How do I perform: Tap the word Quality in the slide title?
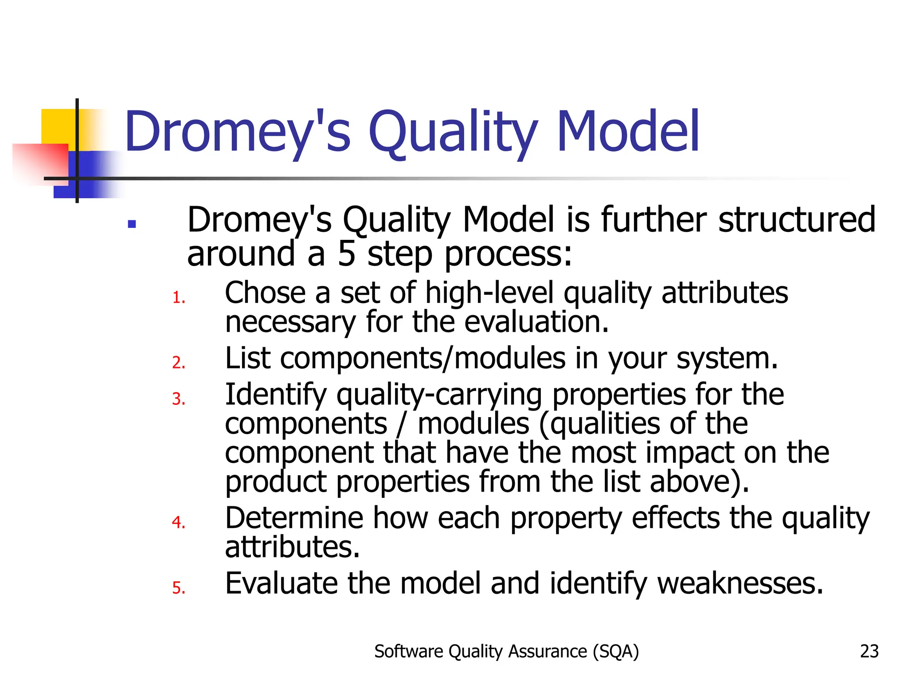tap(453, 132)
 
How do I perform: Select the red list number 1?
tap(178, 297)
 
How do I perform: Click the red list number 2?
tap(178, 363)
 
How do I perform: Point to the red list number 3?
tap(178, 399)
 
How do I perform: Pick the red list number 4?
tap(178, 522)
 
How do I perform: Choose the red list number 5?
tap(178, 588)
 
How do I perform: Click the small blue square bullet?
tap(132, 224)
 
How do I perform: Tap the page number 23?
tap(869, 651)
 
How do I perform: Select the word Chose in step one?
tap(265, 293)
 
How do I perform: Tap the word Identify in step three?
tap(275, 395)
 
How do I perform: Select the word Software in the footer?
tap(408, 651)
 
